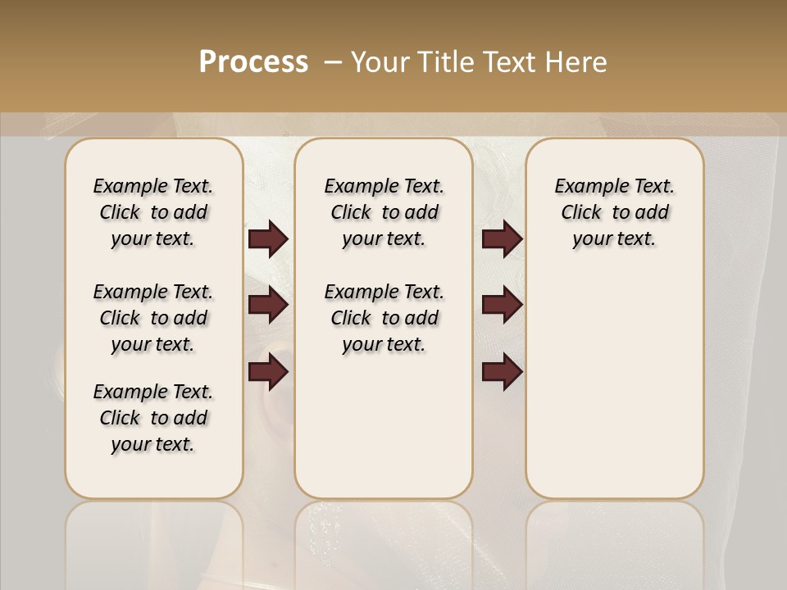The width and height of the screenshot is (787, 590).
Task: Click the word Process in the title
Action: (x=253, y=62)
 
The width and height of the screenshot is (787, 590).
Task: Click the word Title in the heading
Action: (x=446, y=62)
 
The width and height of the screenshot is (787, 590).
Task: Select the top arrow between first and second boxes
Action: (x=268, y=239)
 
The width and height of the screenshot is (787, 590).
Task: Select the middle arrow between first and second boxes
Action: (x=268, y=305)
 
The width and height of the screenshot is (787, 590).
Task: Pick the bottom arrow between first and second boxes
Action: (x=268, y=372)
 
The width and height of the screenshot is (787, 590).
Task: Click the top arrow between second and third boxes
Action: (x=502, y=239)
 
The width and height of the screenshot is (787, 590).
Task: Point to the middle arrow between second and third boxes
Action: (x=502, y=305)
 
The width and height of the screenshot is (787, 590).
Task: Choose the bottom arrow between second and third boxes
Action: (x=502, y=372)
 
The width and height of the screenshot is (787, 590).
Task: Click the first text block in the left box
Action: (x=153, y=212)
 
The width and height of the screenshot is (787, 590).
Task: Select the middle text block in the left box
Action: (x=153, y=318)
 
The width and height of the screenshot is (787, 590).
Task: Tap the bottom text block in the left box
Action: (x=153, y=418)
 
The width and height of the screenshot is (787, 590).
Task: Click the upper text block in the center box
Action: (x=384, y=212)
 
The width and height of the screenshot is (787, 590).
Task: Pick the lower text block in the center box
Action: (x=384, y=318)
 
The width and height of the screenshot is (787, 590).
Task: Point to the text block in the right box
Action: (x=614, y=212)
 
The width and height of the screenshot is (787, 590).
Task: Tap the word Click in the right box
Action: (x=581, y=213)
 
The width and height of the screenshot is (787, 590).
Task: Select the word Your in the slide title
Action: (x=380, y=62)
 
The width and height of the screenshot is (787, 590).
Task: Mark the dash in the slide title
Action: (x=333, y=62)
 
